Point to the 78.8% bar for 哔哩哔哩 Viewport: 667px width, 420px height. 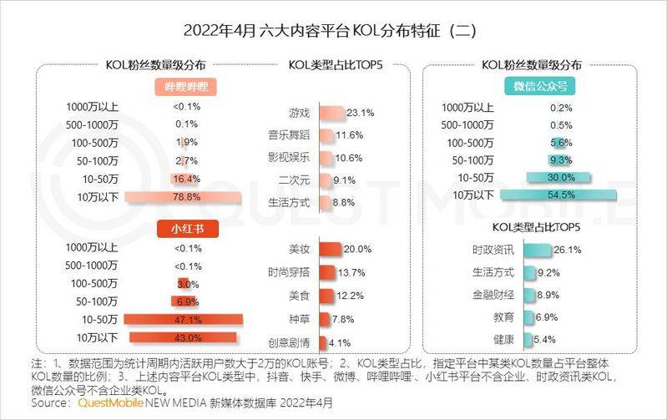coord(185,197)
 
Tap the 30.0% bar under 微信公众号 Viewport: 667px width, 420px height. coord(559,176)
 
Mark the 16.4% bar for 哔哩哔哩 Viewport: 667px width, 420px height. coord(185,179)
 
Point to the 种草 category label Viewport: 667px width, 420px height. coord(299,319)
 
